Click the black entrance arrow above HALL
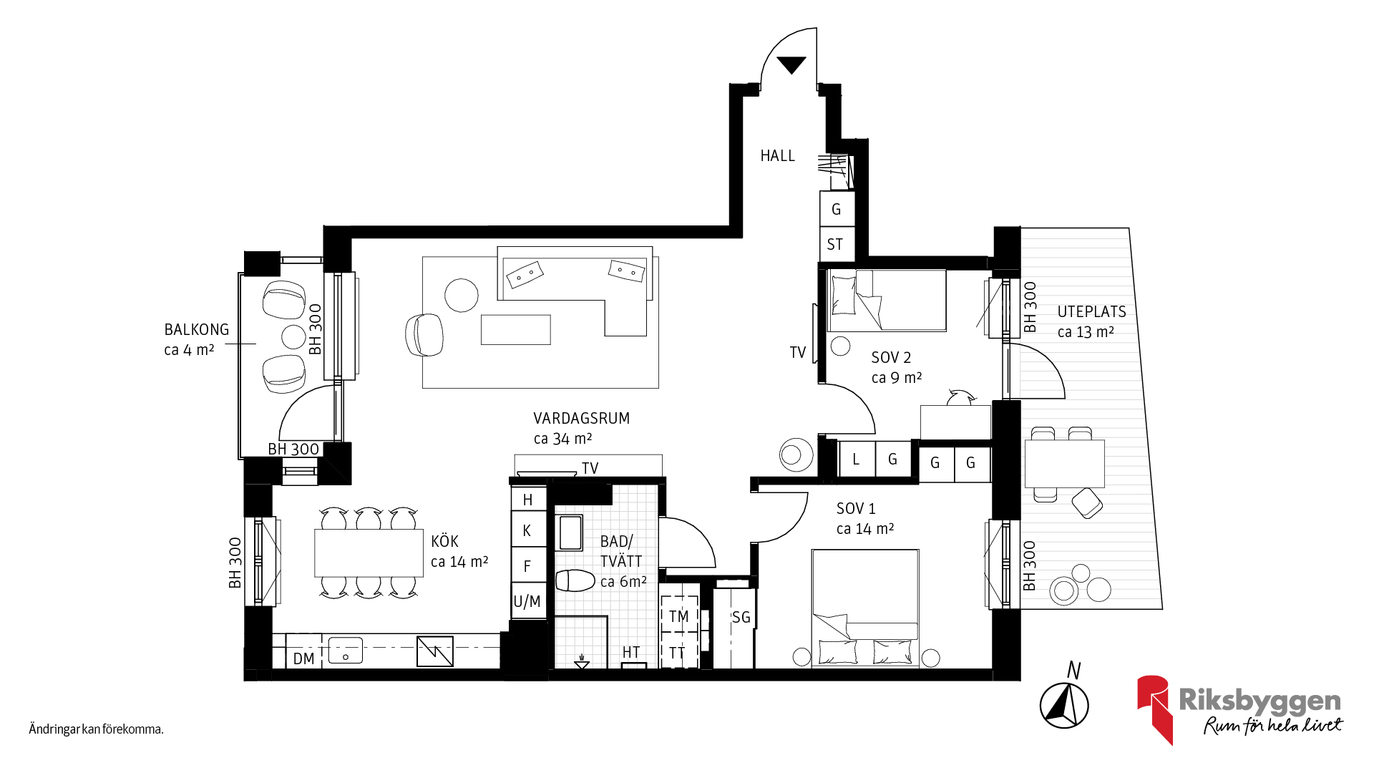(x=791, y=64)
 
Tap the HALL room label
(x=778, y=156)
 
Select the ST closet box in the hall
(x=837, y=244)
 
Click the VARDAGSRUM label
(x=581, y=418)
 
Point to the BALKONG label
(x=197, y=330)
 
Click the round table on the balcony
(x=294, y=336)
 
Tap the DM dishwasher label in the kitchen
(x=304, y=658)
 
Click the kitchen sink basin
(x=346, y=651)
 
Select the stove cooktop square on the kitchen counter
(x=435, y=651)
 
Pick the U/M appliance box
(x=528, y=601)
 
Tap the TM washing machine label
(x=678, y=616)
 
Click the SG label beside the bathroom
(x=741, y=617)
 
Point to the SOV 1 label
(x=856, y=509)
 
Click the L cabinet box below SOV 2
(x=857, y=459)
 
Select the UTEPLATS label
(x=1091, y=312)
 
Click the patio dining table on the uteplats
(x=1064, y=464)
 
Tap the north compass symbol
(x=1064, y=705)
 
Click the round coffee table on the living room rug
(x=462, y=295)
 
